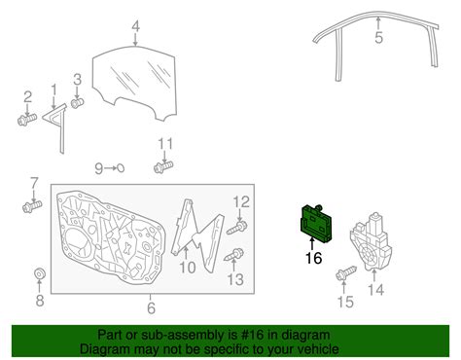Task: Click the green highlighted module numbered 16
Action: (x=316, y=224)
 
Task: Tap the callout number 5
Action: (x=378, y=37)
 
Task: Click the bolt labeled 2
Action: (x=27, y=120)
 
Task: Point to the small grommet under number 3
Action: (x=78, y=103)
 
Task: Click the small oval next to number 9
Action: (x=120, y=168)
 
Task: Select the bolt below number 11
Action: (x=163, y=167)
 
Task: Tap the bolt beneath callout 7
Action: (x=32, y=206)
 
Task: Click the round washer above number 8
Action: (x=40, y=273)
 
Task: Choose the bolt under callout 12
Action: (x=237, y=228)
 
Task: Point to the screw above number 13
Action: (x=234, y=255)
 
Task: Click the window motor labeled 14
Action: (x=371, y=241)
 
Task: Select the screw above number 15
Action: (x=346, y=273)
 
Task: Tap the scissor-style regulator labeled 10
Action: (x=197, y=234)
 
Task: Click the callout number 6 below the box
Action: (x=151, y=307)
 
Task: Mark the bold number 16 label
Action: (x=314, y=258)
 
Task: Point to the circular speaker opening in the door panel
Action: (x=79, y=244)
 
